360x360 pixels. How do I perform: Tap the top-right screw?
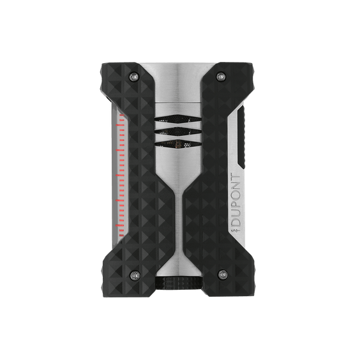point(220,76)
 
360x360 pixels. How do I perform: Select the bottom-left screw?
point(134,274)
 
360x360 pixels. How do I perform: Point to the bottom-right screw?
point(222,274)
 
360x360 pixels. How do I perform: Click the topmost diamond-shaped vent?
point(177,119)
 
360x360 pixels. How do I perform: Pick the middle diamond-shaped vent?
point(177,131)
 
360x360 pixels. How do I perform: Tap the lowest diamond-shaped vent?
point(177,144)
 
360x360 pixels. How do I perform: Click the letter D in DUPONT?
point(236,221)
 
